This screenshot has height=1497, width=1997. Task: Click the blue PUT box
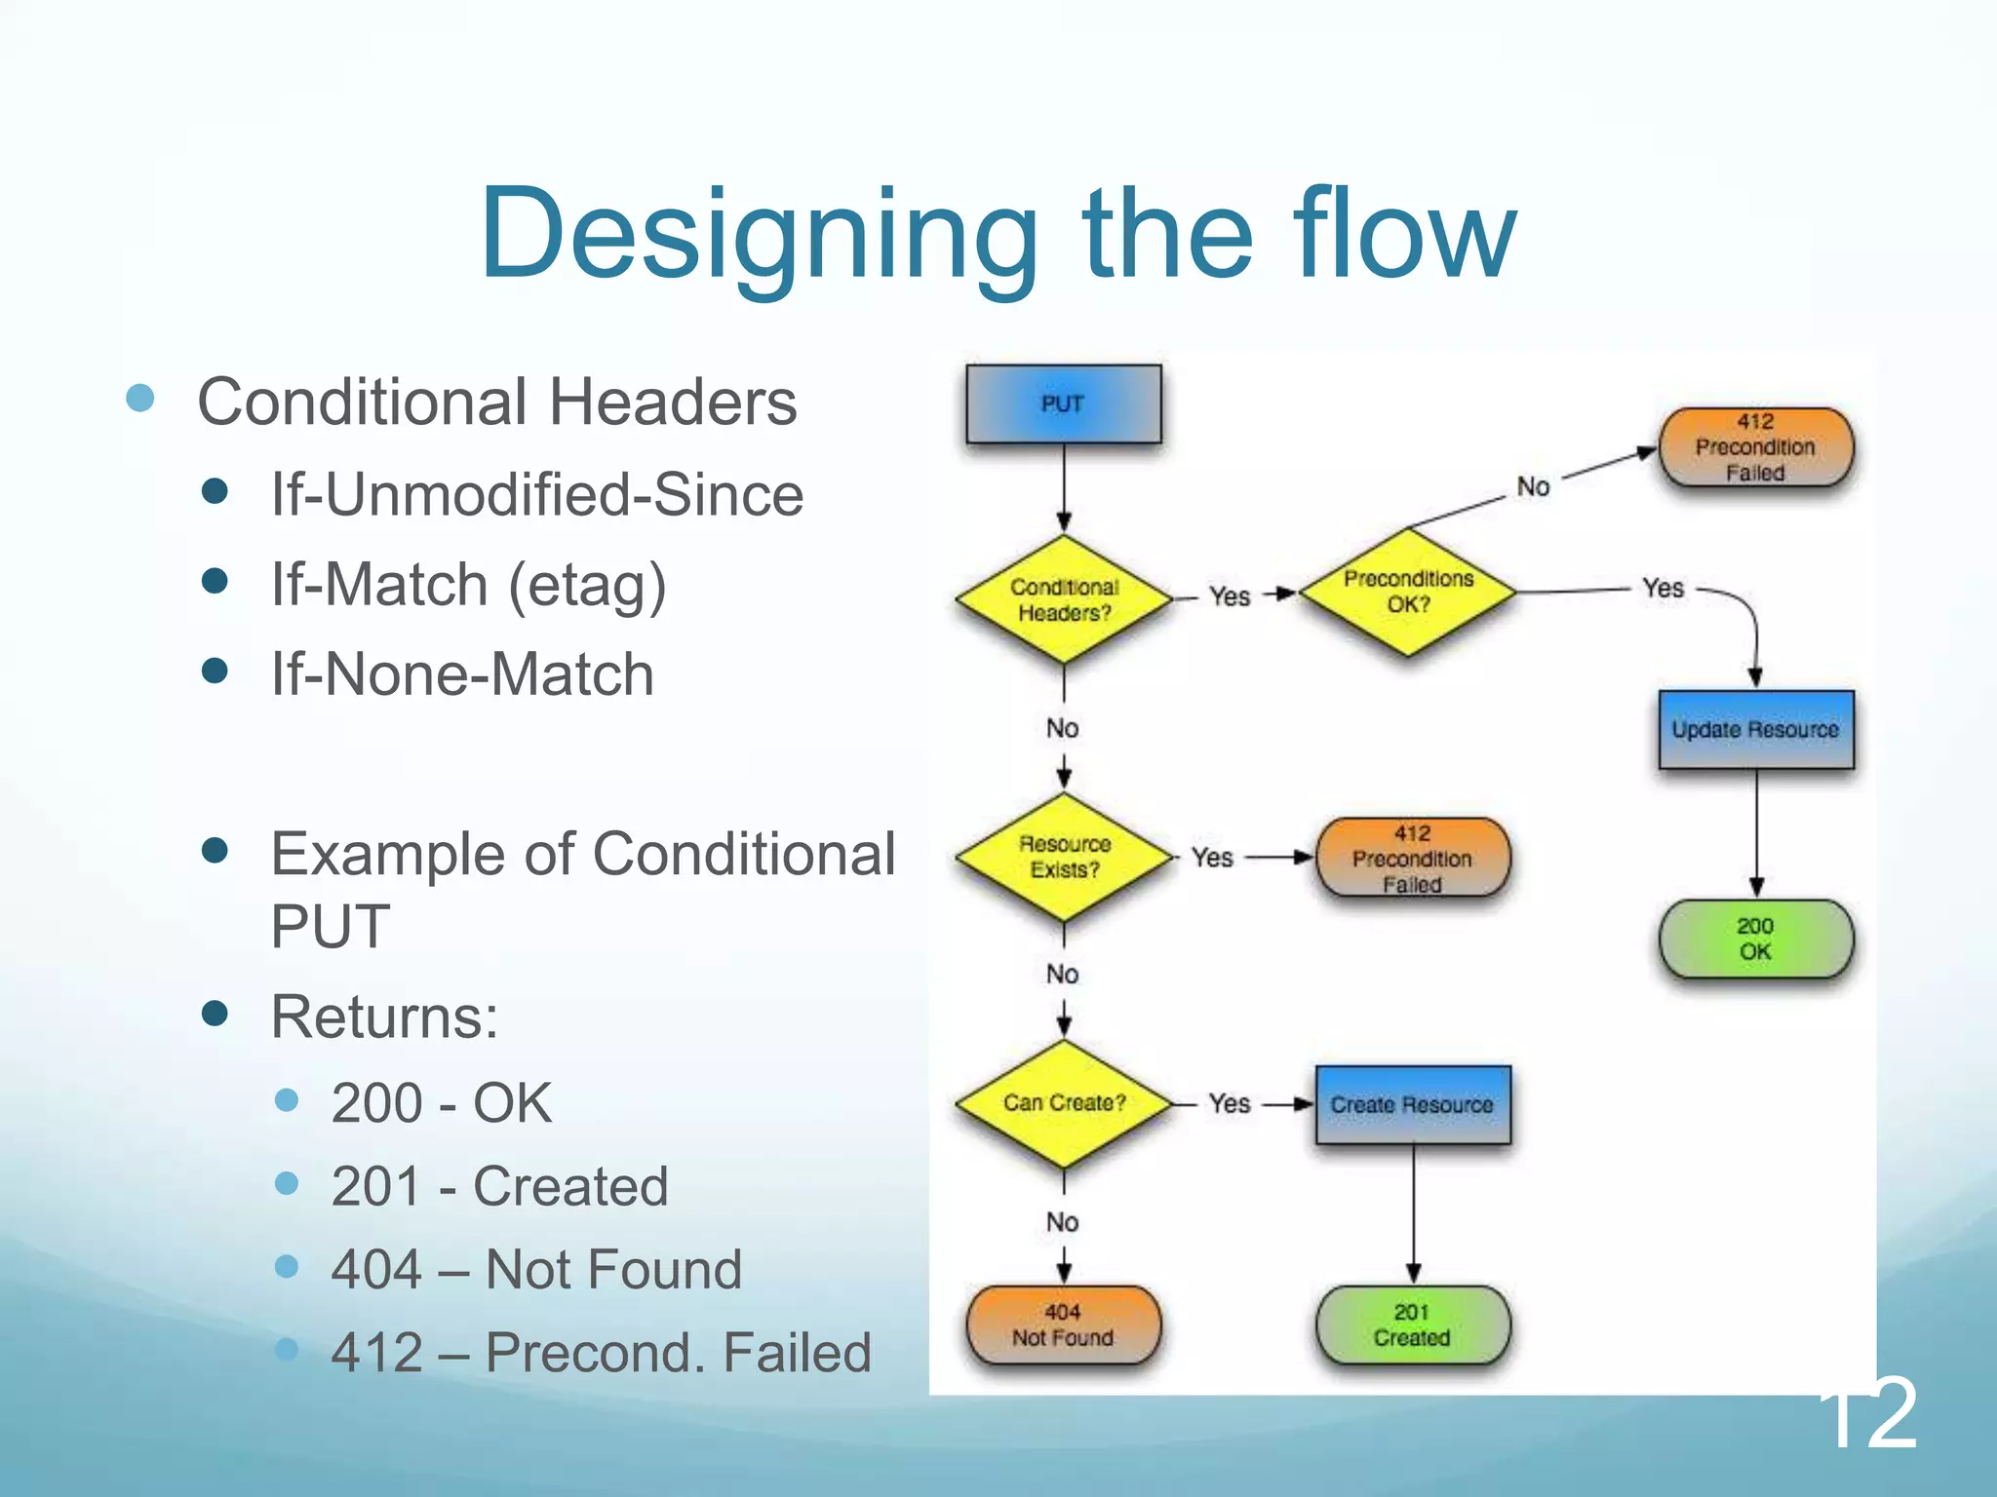pos(1063,403)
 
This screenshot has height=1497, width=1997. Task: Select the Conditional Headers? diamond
pos(1064,599)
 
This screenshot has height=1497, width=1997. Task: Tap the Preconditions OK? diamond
pos(1408,592)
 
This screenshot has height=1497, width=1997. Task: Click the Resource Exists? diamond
pos(1064,857)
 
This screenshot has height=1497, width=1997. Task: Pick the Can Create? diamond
pos(1064,1103)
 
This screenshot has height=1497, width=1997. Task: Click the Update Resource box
pos(1755,729)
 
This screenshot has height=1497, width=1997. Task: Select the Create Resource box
pos(1412,1104)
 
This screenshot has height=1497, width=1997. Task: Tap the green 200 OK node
pos(1755,939)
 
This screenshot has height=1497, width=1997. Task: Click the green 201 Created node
pos(1412,1324)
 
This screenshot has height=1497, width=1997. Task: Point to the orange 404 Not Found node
pos(1063,1324)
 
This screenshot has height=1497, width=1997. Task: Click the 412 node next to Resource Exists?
pos(1412,858)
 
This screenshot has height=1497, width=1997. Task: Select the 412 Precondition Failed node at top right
pos(1755,447)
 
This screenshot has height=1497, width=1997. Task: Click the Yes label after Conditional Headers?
pos(1230,595)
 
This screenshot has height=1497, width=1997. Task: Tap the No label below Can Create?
pos(1062,1221)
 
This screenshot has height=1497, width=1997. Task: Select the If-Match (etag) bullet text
pos(468,585)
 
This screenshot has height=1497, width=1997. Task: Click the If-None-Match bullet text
pos(462,674)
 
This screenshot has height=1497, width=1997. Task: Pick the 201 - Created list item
pos(499,1186)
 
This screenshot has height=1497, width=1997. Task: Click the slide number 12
pos(1867,1413)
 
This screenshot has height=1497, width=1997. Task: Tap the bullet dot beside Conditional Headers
pos(140,398)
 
